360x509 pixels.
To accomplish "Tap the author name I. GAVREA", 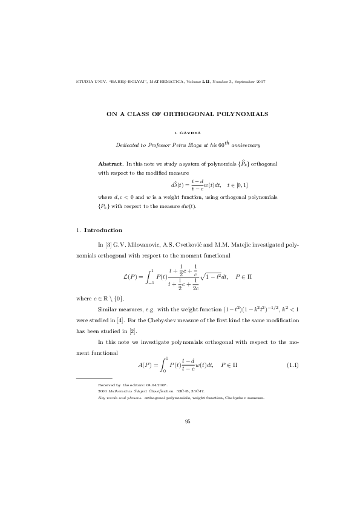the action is point(188,131).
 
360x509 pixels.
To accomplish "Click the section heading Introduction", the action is point(103,230).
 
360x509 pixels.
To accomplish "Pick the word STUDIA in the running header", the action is point(81,81).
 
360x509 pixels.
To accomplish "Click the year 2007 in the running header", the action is point(260,81).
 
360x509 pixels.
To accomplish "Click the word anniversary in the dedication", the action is point(244,145).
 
